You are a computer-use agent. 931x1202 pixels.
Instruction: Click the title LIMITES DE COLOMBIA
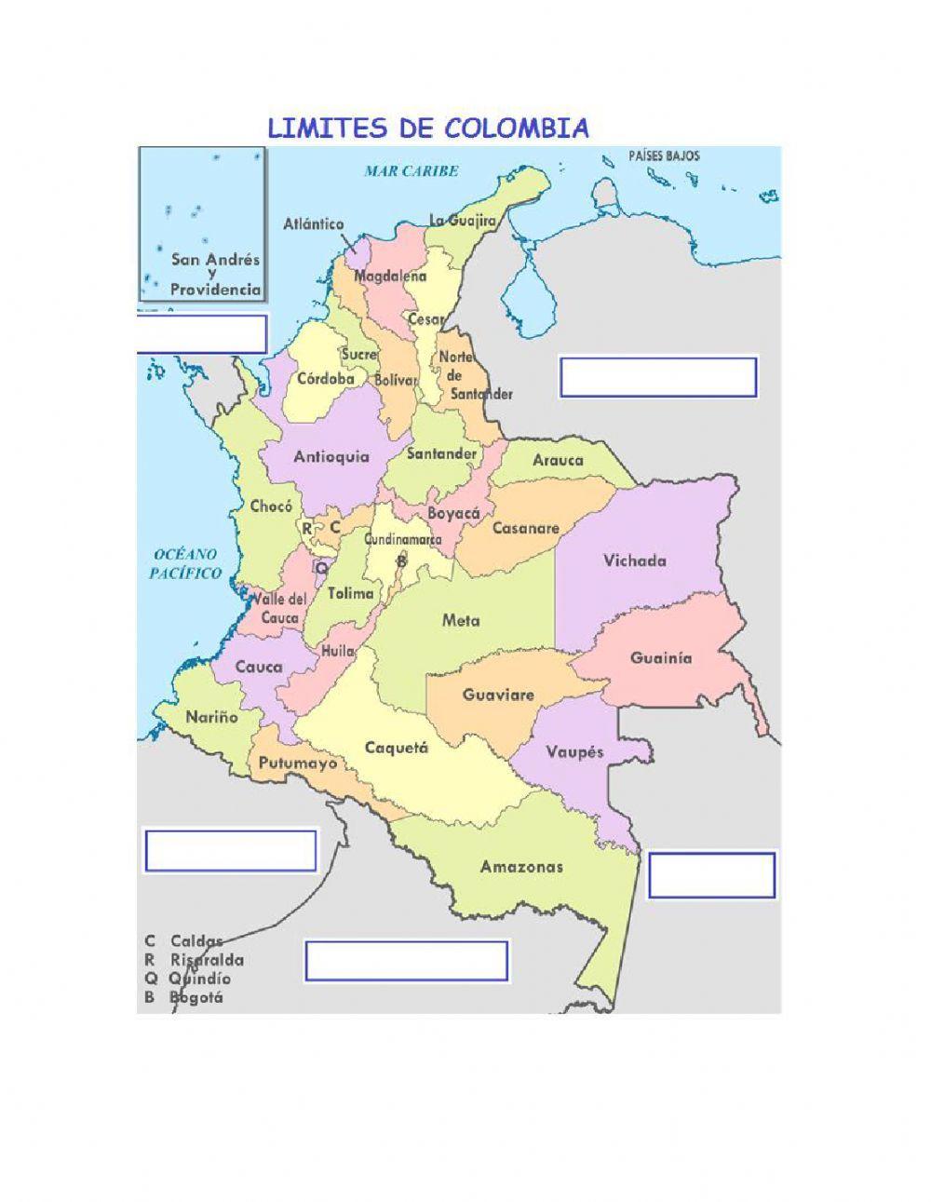[428, 128]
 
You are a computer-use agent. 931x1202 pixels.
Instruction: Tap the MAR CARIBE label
[412, 171]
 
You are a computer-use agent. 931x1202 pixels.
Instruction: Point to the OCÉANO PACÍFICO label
[186, 564]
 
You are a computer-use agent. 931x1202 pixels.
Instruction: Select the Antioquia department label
[331, 456]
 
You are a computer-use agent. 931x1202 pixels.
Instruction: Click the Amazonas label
[521, 867]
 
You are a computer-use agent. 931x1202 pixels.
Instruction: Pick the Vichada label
[635, 560]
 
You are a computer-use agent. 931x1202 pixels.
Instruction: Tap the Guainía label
[661, 657]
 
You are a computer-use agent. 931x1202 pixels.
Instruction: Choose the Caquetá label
[396, 748]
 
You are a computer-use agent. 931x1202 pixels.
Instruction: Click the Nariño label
[211, 717]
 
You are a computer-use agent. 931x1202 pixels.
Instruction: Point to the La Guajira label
[462, 221]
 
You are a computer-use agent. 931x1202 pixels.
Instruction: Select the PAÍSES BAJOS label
[664, 155]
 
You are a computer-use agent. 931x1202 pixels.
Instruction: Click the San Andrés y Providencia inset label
[214, 275]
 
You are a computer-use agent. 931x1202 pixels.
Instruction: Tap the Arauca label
[558, 459]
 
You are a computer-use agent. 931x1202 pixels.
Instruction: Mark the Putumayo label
[297, 763]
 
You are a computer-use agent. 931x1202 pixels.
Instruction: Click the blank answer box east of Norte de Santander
[657, 377]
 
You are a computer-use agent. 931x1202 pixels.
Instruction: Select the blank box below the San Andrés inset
[202, 334]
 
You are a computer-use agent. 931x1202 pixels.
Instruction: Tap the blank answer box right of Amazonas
[711, 875]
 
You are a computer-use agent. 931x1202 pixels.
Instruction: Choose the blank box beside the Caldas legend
[406, 961]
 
